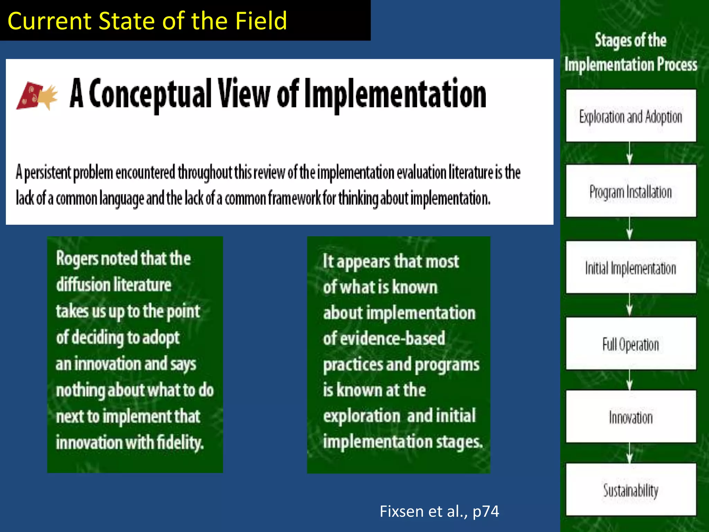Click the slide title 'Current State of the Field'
point(147,21)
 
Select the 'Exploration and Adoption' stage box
point(631,116)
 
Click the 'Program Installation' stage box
point(631,191)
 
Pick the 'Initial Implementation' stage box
point(631,267)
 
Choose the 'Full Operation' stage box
point(631,344)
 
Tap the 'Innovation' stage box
point(631,417)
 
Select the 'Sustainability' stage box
point(631,490)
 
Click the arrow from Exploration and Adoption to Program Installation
point(630,153)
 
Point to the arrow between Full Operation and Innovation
point(630,380)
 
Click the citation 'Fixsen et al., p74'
point(439,511)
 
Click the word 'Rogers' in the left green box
point(77,258)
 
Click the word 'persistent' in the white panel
point(48,172)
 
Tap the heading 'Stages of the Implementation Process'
point(631,52)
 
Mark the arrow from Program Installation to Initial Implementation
point(630,229)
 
